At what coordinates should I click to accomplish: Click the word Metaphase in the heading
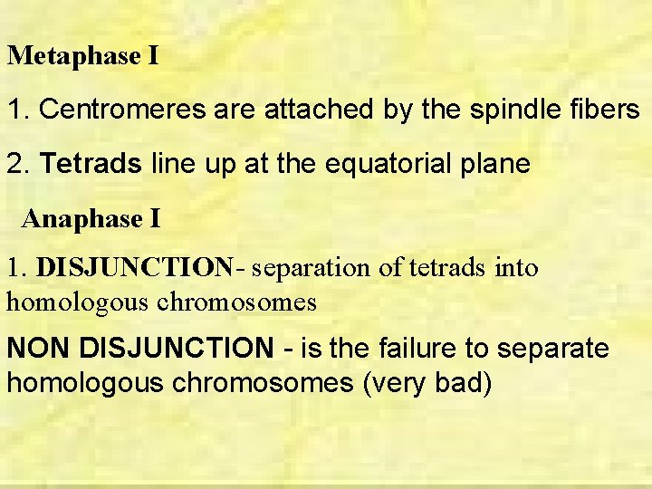[72, 56]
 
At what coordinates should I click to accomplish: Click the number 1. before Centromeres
[18, 110]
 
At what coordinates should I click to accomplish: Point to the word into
[519, 268]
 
